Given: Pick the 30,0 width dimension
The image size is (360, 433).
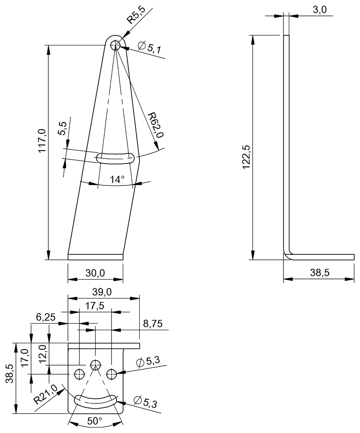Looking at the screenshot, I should tap(95, 273).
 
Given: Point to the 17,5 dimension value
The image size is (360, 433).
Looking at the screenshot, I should tap(95, 306).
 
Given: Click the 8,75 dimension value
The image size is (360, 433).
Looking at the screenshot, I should tap(153, 324).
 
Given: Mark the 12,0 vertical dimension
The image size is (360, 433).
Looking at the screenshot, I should tap(43, 354).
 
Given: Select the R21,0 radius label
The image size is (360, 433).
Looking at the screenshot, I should tap(46, 394).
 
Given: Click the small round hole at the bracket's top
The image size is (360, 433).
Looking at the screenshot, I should tap(116, 45).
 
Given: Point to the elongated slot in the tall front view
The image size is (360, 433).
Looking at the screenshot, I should tap(116, 158).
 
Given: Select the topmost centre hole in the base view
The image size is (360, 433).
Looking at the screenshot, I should tap(95, 364).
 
